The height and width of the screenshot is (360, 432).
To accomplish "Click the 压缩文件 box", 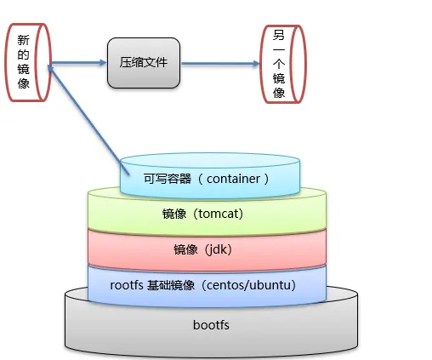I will (144, 63).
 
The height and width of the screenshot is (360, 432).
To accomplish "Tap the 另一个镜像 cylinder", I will (281, 62).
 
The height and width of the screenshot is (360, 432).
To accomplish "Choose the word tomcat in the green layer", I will (220, 213).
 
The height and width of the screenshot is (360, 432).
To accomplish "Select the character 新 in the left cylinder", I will (23, 39).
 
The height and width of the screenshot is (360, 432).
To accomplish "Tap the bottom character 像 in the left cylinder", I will (23, 83).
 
